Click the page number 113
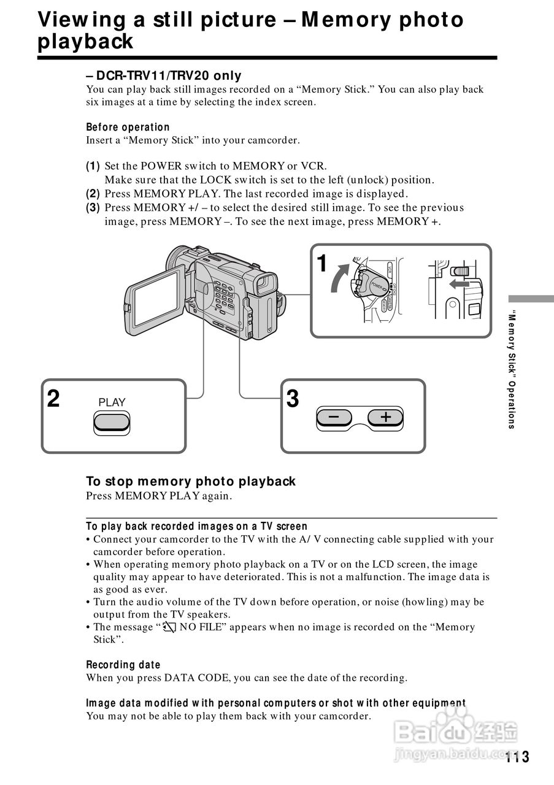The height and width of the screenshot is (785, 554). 518,757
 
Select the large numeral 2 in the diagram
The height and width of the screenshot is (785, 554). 54,399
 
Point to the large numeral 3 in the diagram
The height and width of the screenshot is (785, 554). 293,399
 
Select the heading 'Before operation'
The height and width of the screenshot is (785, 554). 128,128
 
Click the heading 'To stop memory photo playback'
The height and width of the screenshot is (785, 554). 191,481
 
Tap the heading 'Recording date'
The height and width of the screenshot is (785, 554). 123,665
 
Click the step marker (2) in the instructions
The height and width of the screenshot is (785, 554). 93,194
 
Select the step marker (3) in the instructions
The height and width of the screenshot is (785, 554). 93,207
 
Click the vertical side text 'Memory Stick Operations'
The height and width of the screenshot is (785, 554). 511,371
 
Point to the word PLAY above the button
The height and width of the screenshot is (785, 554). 112,402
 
